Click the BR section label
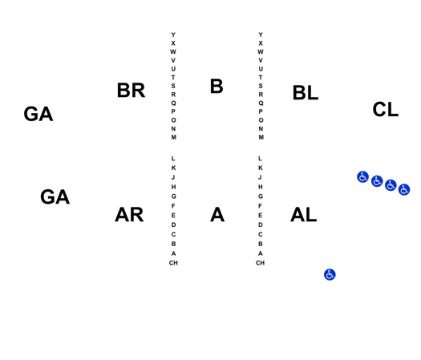pos(131,91)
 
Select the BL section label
pos(306,93)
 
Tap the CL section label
pos(385,109)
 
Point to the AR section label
pos(129,215)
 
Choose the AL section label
pos(303,215)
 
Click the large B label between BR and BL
pos(217,87)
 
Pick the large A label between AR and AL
pos(217,215)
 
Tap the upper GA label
pos(38,114)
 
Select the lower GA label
pos(55,196)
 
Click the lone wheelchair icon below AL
pos(330,275)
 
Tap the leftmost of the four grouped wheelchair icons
pos(362,177)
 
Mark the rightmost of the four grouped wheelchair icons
pos(404,189)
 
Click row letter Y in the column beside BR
pos(173,34)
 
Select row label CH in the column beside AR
pos(173,263)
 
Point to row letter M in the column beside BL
pos(261,137)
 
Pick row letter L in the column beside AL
pos(260,159)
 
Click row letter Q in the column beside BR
pos(173,103)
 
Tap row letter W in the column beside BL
pos(261,52)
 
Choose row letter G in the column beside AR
pos(173,196)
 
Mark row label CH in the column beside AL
pos(260,263)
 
